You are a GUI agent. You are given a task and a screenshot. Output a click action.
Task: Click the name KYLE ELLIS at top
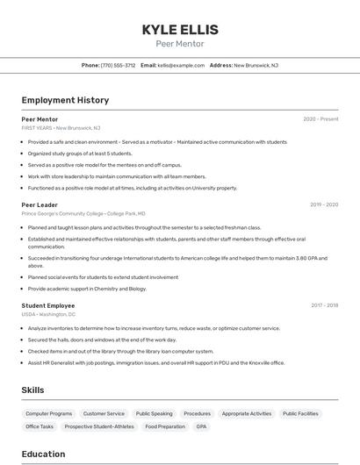click(x=180, y=30)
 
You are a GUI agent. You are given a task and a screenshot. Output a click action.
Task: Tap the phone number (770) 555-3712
click(x=119, y=65)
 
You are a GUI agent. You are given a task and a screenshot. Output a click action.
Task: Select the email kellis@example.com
click(x=181, y=65)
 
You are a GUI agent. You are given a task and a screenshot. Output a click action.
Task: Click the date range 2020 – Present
click(x=320, y=119)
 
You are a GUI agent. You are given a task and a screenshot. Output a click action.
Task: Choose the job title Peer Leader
click(x=40, y=204)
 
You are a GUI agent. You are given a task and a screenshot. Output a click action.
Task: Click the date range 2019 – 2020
click(x=324, y=204)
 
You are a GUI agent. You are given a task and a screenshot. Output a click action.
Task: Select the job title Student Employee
click(x=48, y=305)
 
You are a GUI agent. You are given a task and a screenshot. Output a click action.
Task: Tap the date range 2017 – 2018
click(x=324, y=305)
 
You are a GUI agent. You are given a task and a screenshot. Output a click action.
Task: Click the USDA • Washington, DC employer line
click(x=48, y=314)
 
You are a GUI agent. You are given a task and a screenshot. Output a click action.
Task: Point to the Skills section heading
click(x=33, y=390)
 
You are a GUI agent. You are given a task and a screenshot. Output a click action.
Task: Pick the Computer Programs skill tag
click(x=49, y=413)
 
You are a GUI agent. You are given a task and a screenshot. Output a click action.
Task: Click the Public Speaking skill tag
click(x=154, y=413)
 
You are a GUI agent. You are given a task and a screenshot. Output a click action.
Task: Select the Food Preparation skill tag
click(x=165, y=426)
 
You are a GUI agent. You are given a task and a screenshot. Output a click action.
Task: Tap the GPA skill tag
click(x=202, y=426)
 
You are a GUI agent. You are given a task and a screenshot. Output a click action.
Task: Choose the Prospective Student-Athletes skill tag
click(x=99, y=426)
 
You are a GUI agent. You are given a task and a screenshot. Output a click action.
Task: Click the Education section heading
click(x=43, y=454)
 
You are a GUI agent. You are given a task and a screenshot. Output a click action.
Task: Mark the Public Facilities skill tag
click(x=300, y=413)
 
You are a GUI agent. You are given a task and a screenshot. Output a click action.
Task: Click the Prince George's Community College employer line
click(x=83, y=213)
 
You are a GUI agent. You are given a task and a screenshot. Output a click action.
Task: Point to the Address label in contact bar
click(x=221, y=65)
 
